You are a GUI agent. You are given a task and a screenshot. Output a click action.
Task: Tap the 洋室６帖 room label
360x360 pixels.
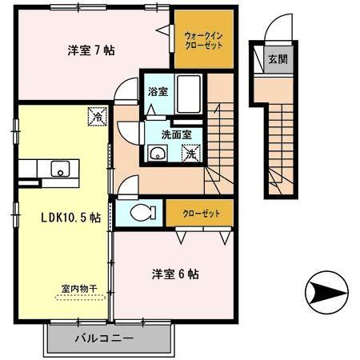click(x=176, y=274)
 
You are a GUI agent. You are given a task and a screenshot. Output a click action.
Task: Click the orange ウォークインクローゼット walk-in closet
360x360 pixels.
click(x=203, y=40)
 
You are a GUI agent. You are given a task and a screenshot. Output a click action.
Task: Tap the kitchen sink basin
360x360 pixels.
click(x=60, y=169)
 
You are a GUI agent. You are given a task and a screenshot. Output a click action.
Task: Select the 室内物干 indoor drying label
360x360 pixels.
click(x=77, y=289)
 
